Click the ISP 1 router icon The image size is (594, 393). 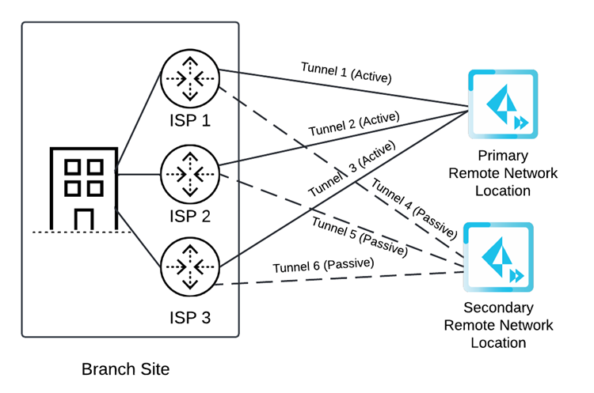190,77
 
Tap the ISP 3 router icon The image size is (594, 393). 190,268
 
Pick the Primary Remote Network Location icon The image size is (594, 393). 502,104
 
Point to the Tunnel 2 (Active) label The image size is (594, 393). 353,127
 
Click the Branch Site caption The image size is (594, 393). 125,369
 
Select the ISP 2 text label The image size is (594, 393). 190,217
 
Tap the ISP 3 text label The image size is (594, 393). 190,318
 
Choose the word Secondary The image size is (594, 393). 498,308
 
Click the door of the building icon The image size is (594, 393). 84,218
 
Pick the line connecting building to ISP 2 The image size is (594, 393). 139,174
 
